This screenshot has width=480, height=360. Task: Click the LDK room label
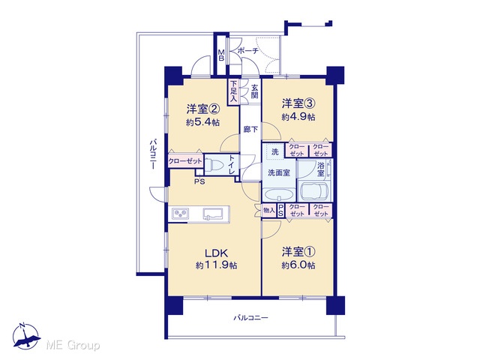click(216, 253)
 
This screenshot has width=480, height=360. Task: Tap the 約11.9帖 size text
click(216, 265)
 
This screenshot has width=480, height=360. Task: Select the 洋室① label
click(298, 252)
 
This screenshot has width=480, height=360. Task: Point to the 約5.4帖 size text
click(202, 122)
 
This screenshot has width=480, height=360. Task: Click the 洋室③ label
click(298, 103)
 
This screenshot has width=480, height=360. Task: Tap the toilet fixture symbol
click(214, 165)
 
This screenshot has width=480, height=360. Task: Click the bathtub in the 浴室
click(315, 190)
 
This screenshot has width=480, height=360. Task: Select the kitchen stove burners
click(181, 213)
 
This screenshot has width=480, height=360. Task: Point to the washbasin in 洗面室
click(279, 195)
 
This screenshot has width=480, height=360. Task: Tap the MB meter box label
click(221, 55)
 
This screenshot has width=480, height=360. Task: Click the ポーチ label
click(247, 51)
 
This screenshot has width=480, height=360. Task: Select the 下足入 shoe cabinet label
click(234, 91)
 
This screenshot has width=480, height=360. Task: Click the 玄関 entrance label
click(255, 91)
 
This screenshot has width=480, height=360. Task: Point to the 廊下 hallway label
click(250, 130)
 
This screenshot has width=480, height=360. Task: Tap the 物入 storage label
click(269, 210)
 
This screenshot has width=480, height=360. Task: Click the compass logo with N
click(26, 336)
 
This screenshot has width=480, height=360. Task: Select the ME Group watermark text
click(73, 346)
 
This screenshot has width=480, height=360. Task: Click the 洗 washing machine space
click(275, 151)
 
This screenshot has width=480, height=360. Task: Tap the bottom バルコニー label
click(251, 318)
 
